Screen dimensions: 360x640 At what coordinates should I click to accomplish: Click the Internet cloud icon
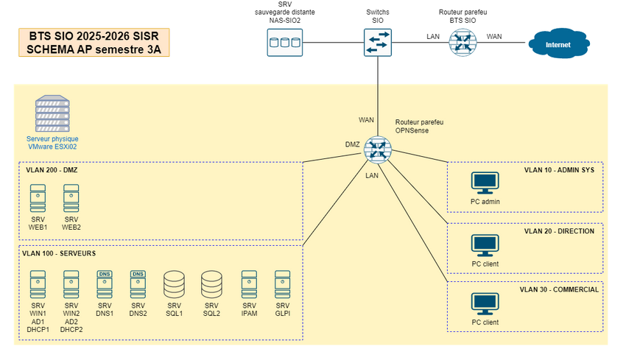[558, 44]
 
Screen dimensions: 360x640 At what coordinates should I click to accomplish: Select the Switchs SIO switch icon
[377, 42]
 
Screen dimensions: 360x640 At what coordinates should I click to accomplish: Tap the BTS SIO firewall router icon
[463, 43]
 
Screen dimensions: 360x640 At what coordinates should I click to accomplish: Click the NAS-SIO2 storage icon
[284, 43]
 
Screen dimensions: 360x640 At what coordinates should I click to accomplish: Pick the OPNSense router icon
[378, 150]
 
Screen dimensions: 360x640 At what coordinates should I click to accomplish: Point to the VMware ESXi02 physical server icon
[52, 114]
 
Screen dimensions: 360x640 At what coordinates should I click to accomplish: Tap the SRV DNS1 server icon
[105, 283]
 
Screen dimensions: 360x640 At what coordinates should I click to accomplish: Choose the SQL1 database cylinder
[174, 283]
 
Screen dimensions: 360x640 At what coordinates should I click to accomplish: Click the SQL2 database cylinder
[211, 283]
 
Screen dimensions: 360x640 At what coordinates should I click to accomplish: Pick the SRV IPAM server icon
[249, 283]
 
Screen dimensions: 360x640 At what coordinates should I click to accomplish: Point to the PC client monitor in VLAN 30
[485, 305]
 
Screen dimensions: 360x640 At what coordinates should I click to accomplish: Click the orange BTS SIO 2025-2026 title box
[94, 42]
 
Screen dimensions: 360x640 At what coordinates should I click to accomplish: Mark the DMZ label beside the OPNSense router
[352, 144]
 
